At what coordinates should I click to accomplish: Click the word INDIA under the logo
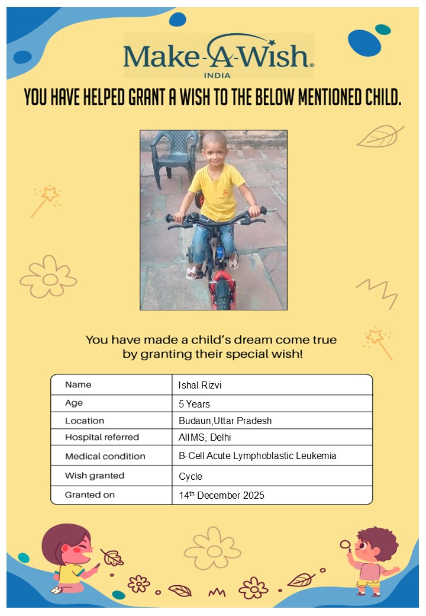(x=217, y=75)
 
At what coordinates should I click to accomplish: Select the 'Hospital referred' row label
(x=102, y=437)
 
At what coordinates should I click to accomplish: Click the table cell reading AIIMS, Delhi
(x=205, y=438)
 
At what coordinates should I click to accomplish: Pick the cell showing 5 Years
(x=194, y=404)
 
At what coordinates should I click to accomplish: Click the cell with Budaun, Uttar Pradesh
(x=225, y=421)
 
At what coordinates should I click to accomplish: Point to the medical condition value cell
(x=257, y=456)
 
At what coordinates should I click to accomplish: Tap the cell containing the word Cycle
(x=191, y=476)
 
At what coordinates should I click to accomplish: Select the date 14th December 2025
(x=221, y=495)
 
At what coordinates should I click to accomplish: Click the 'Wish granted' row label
(x=95, y=476)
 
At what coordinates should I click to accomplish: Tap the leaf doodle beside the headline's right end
(x=379, y=136)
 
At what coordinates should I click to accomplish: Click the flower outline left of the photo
(x=49, y=277)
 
